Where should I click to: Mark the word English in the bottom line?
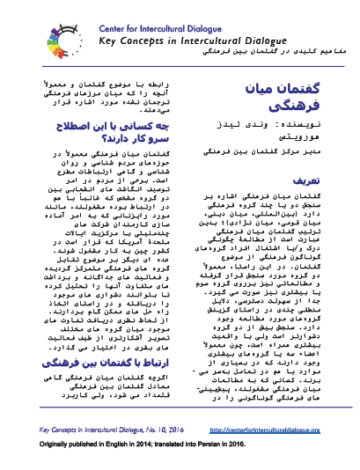tap(126, 444)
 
